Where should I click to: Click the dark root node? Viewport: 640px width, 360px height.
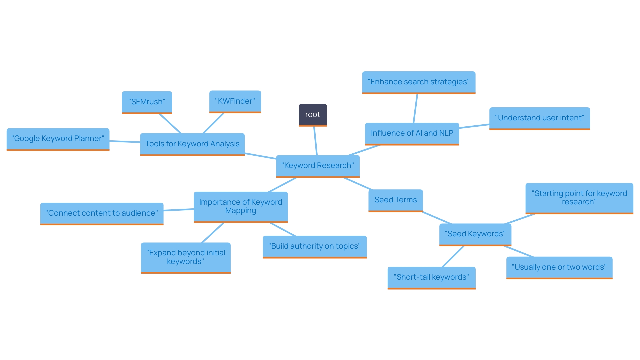point(313,115)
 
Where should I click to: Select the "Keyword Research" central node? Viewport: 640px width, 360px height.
point(318,166)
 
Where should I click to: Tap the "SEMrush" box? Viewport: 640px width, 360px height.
point(147,102)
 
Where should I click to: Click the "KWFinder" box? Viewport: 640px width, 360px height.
point(235,101)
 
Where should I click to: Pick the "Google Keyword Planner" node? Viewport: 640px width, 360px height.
point(58,139)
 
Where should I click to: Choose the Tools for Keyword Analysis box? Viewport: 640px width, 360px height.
point(192,144)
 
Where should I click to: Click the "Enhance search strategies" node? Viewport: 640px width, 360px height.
point(419,82)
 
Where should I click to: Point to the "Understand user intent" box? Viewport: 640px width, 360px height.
point(539,118)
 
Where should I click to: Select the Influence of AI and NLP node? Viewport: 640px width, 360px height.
point(412,133)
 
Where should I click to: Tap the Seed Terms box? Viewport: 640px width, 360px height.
point(396,200)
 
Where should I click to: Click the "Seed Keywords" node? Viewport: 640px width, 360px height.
point(475,234)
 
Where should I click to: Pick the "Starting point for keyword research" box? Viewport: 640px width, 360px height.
point(579,198)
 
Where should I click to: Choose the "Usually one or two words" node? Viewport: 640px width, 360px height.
point(559,267)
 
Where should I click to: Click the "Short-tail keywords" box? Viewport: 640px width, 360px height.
point(431,277)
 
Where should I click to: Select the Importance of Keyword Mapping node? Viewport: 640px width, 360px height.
point(241,206)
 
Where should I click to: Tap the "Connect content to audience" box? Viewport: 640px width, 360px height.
point(102,213)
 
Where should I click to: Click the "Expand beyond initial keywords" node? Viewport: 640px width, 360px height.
point(186,257)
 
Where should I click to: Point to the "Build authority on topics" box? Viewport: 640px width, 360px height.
point(315,246)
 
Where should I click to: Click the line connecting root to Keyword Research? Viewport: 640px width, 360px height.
point(315,141)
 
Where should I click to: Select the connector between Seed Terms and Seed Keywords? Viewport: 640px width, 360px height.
point(437,218)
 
